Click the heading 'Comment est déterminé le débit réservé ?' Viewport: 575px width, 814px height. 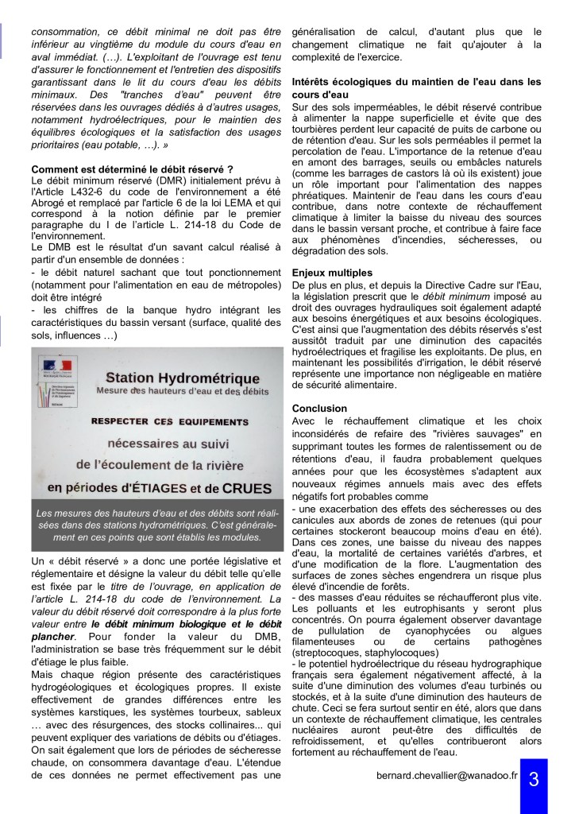[x=132, y=169]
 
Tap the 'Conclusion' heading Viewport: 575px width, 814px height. [x=319, y=408]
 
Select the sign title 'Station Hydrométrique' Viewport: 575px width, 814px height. [x=183, y=378]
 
